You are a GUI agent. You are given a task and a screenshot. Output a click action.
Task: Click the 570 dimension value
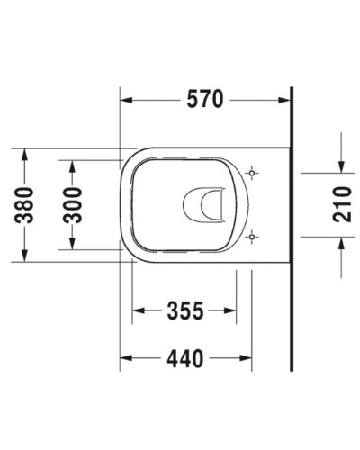[205, 101]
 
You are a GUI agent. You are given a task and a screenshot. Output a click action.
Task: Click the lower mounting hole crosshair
[253, 238]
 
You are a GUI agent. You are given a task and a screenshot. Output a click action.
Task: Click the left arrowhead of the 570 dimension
[127, 101]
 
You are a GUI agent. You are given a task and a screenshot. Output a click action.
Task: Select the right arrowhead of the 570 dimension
[284, 101]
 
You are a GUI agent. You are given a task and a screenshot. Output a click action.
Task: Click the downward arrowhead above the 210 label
[340, 163]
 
